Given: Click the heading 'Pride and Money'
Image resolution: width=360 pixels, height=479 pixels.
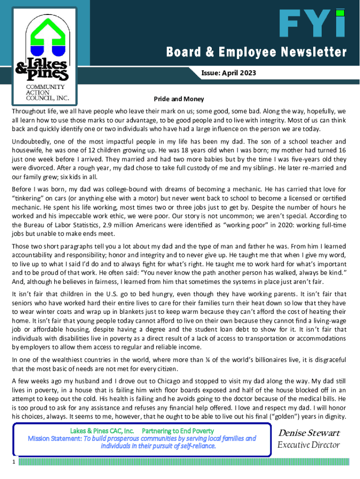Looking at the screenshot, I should pyautogui.click(x=179, y=100).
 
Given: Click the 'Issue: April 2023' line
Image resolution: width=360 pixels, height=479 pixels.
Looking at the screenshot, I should pyautogui.click(x=229, y=73).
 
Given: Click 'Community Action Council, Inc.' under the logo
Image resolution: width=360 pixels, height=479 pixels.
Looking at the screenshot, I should pyautogui.click(x=45, y=92).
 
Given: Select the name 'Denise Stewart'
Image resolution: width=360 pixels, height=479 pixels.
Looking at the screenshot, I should pyautogui.click(x=309, y=433).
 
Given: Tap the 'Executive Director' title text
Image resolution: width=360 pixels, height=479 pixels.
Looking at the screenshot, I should pyautogui.click(x=309, y=445).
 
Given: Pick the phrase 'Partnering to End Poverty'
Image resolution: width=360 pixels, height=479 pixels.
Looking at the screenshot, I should pyautogui.click(x=178, y=430).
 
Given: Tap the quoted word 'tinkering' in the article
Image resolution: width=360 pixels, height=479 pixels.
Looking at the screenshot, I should pyautogui.click(x=29, y=198).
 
